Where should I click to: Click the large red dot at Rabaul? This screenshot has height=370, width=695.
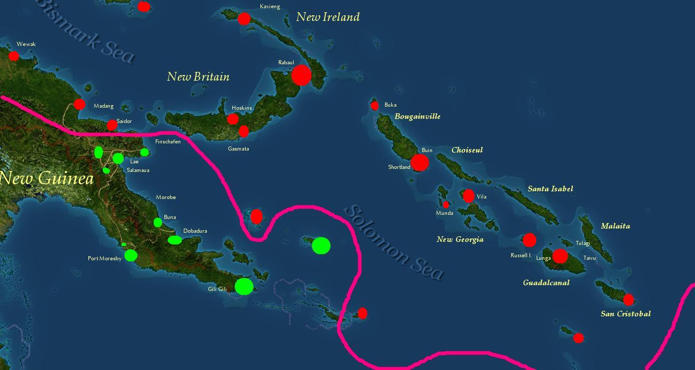click(x=301, y=75)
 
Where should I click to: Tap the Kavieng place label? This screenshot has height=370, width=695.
click(x=270, y=7)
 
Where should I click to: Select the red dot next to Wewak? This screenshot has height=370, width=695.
click(x=14, y=56)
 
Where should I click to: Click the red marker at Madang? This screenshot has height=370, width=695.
click(x=79, y=104)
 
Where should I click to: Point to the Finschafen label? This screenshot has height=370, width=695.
click(x=167, y=141)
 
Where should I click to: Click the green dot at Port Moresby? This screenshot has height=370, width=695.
click(x=131, y=255)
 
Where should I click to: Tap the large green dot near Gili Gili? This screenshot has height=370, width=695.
click(x=244, y=286)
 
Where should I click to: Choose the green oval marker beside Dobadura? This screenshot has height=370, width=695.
click(x=175, y=240)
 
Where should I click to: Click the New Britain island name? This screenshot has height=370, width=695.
click(x=198, y=77)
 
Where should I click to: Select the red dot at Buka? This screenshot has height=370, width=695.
click(x=374, y=106)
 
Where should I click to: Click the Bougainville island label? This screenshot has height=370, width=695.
click(x=417, y=116)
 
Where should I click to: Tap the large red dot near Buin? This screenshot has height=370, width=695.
click(x=419, y=162)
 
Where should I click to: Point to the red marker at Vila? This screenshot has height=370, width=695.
click(x=468, y=196)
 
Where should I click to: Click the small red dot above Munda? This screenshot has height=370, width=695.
click(x=446, y=205)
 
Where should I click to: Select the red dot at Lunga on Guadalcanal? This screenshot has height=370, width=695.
click(x=560, y=256)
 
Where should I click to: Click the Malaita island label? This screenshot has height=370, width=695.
click(x=615, y=226)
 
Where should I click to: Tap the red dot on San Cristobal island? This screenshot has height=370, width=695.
click(x=628, y=300)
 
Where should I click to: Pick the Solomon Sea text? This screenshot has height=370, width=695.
click(x=393, y=242)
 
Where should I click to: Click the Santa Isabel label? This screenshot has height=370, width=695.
click(x=550, y=189)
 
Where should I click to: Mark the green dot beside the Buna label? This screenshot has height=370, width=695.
click(x=158, y=223)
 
